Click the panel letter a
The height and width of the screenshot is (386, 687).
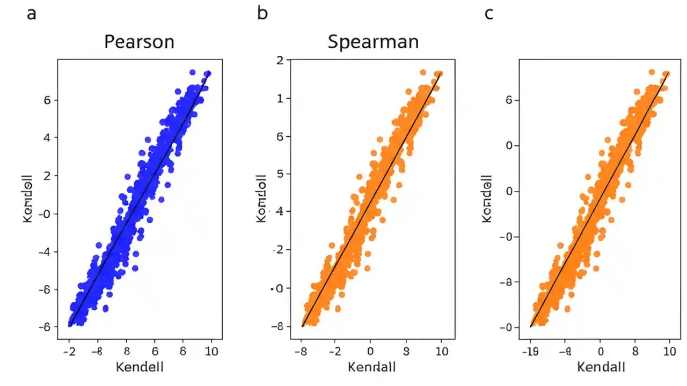point(32,13)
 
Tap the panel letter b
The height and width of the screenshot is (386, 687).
point(262,13)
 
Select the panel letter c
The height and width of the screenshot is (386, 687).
point(488,13)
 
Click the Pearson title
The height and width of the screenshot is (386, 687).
point(139,42)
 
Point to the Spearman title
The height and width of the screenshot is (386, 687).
point(373,42)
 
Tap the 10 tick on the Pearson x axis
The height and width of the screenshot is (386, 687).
point(211,351)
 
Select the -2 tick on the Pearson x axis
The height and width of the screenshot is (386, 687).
point(69,351)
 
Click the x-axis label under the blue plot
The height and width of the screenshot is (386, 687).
point(139,367)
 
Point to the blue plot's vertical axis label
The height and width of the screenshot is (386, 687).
point(28,198)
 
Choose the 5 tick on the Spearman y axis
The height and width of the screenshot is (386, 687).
point(279,174)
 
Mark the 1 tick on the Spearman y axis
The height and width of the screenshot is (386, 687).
point(279,99)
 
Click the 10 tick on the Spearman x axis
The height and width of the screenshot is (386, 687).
point(441,351)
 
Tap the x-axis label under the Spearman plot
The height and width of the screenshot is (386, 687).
point(372,367)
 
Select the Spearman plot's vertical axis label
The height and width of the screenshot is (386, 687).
point(261,198)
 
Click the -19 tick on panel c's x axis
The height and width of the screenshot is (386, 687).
point(530,351)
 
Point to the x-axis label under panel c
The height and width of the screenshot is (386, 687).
point(601,367)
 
